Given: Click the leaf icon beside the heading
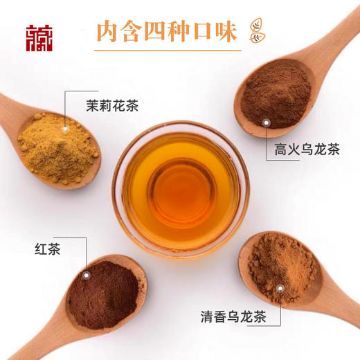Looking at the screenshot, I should [x=258, y=31].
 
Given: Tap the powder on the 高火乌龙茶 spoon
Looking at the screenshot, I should [x=277, y=93].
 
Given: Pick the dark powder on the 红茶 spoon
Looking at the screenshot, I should [x=101, y=294].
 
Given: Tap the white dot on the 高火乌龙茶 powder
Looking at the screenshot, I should [x=265, y=123].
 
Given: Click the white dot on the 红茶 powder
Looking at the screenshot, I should [x=86, y=275].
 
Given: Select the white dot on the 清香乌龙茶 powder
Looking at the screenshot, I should [x=280, y=288].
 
